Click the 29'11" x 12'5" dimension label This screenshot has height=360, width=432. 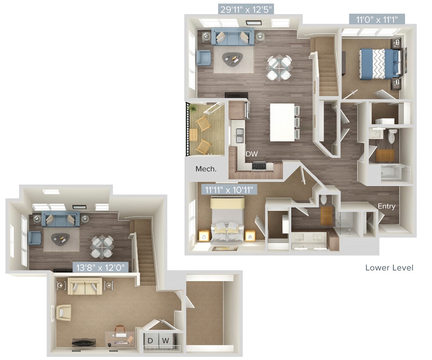coord(246,9)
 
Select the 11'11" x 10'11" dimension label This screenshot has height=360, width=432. coord(229,188)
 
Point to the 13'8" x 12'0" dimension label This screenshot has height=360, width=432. coord(101,267)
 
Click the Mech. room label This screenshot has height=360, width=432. coord(206,169)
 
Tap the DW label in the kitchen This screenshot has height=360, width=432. coord(251,154)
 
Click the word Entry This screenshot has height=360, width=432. coord(386,206)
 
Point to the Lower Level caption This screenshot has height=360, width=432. coord(389,268)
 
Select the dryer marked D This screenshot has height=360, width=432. coord(151,340)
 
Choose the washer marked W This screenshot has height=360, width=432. coord(166,340)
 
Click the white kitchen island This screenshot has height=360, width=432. coord(282,122)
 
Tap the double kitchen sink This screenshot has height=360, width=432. coord(239,136)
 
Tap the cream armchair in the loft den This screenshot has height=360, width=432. coord(64,312)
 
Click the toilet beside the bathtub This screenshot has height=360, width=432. coord(392,136)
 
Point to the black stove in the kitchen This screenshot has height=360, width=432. coord(259,165)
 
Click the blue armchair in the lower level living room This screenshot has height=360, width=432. coord(203,58)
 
